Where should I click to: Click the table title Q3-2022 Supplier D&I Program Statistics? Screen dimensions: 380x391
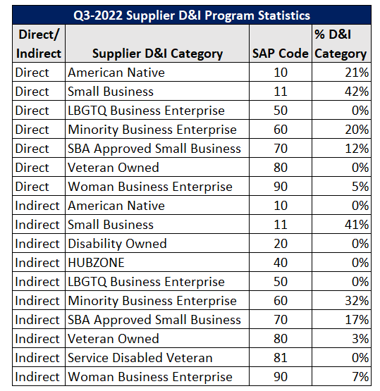(x=192, y=15)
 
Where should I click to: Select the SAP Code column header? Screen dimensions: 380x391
(x=281, y=54)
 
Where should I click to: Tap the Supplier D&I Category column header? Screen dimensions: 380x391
(x=157, y=54)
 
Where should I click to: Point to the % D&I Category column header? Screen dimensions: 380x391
(x=341, y=44)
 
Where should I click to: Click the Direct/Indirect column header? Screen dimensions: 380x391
(x=39, y=44)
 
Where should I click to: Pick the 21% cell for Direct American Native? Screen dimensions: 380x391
(x=357, y=73)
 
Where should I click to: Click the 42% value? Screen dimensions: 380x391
(x=357, y=92)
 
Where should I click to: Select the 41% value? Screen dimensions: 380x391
(x=357, y=225)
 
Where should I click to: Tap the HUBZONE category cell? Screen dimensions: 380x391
(x=96, y=263)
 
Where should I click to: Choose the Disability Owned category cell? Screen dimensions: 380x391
(x=117, y=244)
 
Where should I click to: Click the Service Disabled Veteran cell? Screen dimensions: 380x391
(x=140, y=358)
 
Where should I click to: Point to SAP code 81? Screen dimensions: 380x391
(x=281, y=358)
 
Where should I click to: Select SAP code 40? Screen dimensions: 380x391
(x=281, y=263)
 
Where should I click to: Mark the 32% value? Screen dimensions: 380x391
(x=357, y=301)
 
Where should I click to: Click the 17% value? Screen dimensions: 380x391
(x=357, y=320)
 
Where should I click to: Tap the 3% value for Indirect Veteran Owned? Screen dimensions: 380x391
(x=360, y=339)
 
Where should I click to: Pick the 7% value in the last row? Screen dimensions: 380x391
(x=360, y=377)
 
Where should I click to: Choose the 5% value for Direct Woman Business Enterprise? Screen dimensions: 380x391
(x=360, y=187)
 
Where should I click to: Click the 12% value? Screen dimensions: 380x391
(x=357, y=149)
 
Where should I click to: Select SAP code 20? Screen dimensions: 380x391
(x=281, y=244)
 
